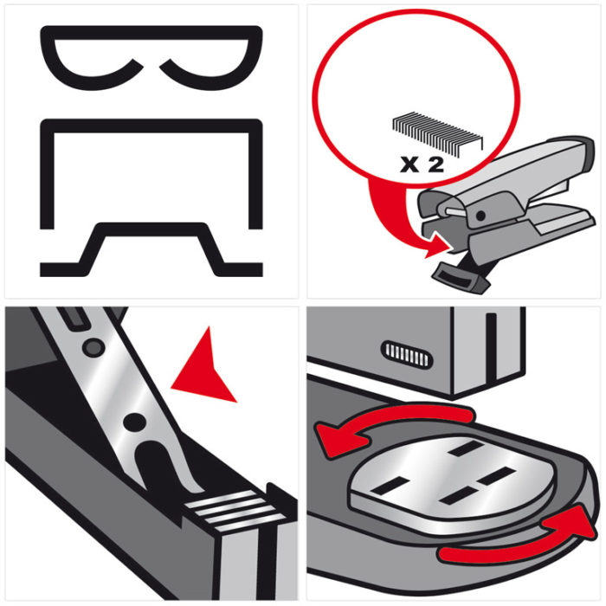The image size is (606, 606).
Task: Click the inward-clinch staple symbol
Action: [x=151, y=33]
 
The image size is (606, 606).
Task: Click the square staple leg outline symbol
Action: [x=151, y=126]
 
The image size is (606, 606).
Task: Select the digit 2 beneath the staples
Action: [x=436, y=165]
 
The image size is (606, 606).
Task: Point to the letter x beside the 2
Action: [x=409, y=165]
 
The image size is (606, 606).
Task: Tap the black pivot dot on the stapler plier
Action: [x=480, y=216]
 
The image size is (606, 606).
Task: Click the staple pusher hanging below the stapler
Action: [x=460, y=277]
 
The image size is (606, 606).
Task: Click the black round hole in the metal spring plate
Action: [x=134, y=422]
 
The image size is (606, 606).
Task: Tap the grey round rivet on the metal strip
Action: [x=93, y=347]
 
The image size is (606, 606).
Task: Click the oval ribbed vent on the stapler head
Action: [x=407, y=354]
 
